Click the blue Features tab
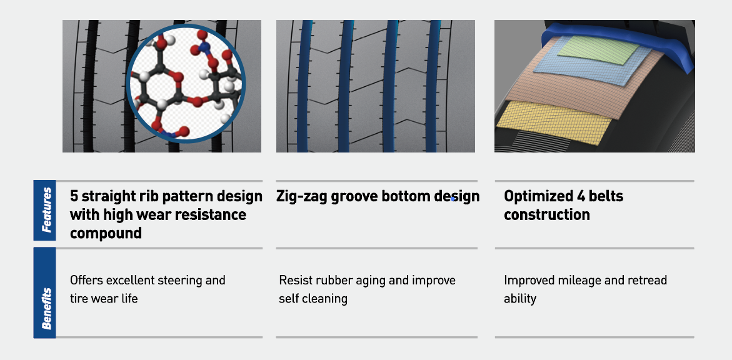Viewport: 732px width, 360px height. pyautogui.click(x=44, y=210)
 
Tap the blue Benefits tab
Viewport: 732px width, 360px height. pyautogui.click(x=44, y=292)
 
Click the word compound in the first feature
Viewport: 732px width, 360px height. pyautogui.click(x=106, y=233)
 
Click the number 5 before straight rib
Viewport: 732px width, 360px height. pyautogui.click(x=74, y=196)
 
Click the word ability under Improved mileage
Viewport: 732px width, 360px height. pyautogui.click(x=520, y=299)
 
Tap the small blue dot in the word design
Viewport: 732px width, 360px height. pyautogui.click(x=453, y=199)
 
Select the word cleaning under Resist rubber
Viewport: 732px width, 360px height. pyautogui.click(x=329, y=299)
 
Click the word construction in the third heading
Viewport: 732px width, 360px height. pyautogui.click(x=547, y=215)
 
